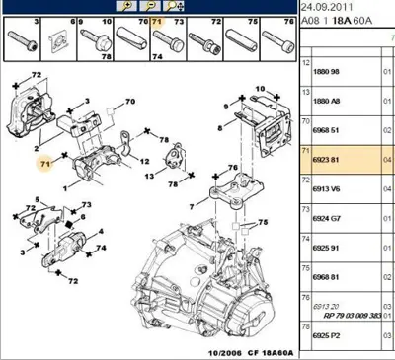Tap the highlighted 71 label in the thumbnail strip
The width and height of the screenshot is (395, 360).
tap(155, 20)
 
